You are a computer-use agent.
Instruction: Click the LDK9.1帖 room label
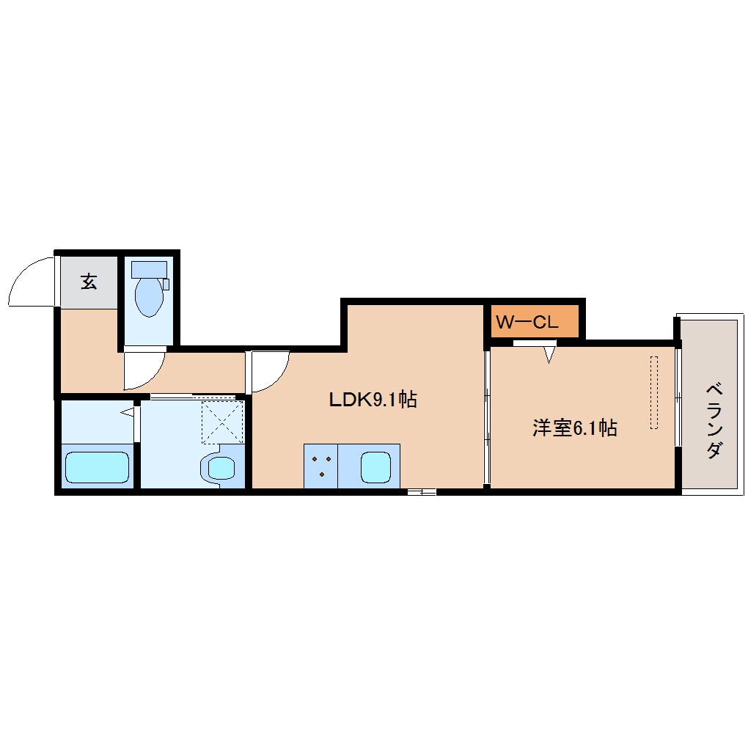[373, 400]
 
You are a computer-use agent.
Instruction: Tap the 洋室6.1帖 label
[575, 428]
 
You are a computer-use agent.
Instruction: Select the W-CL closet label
[527, 323]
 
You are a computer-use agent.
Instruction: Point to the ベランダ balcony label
[714, 420]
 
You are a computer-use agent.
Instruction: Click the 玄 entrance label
[89, 282]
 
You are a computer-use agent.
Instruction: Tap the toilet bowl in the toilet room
[149, 297]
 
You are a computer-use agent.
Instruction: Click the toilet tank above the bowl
[149, 269]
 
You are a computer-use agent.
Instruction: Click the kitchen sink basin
[376, 467]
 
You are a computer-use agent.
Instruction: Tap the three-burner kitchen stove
[321, 466]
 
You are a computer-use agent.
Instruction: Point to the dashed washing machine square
[223, 422]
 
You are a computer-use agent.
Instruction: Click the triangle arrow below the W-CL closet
[549, 355]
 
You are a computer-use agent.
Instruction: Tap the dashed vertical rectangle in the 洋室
[654, 392]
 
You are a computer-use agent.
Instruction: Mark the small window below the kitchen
[422, 492]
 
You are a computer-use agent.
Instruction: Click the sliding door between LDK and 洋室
[487, 417]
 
